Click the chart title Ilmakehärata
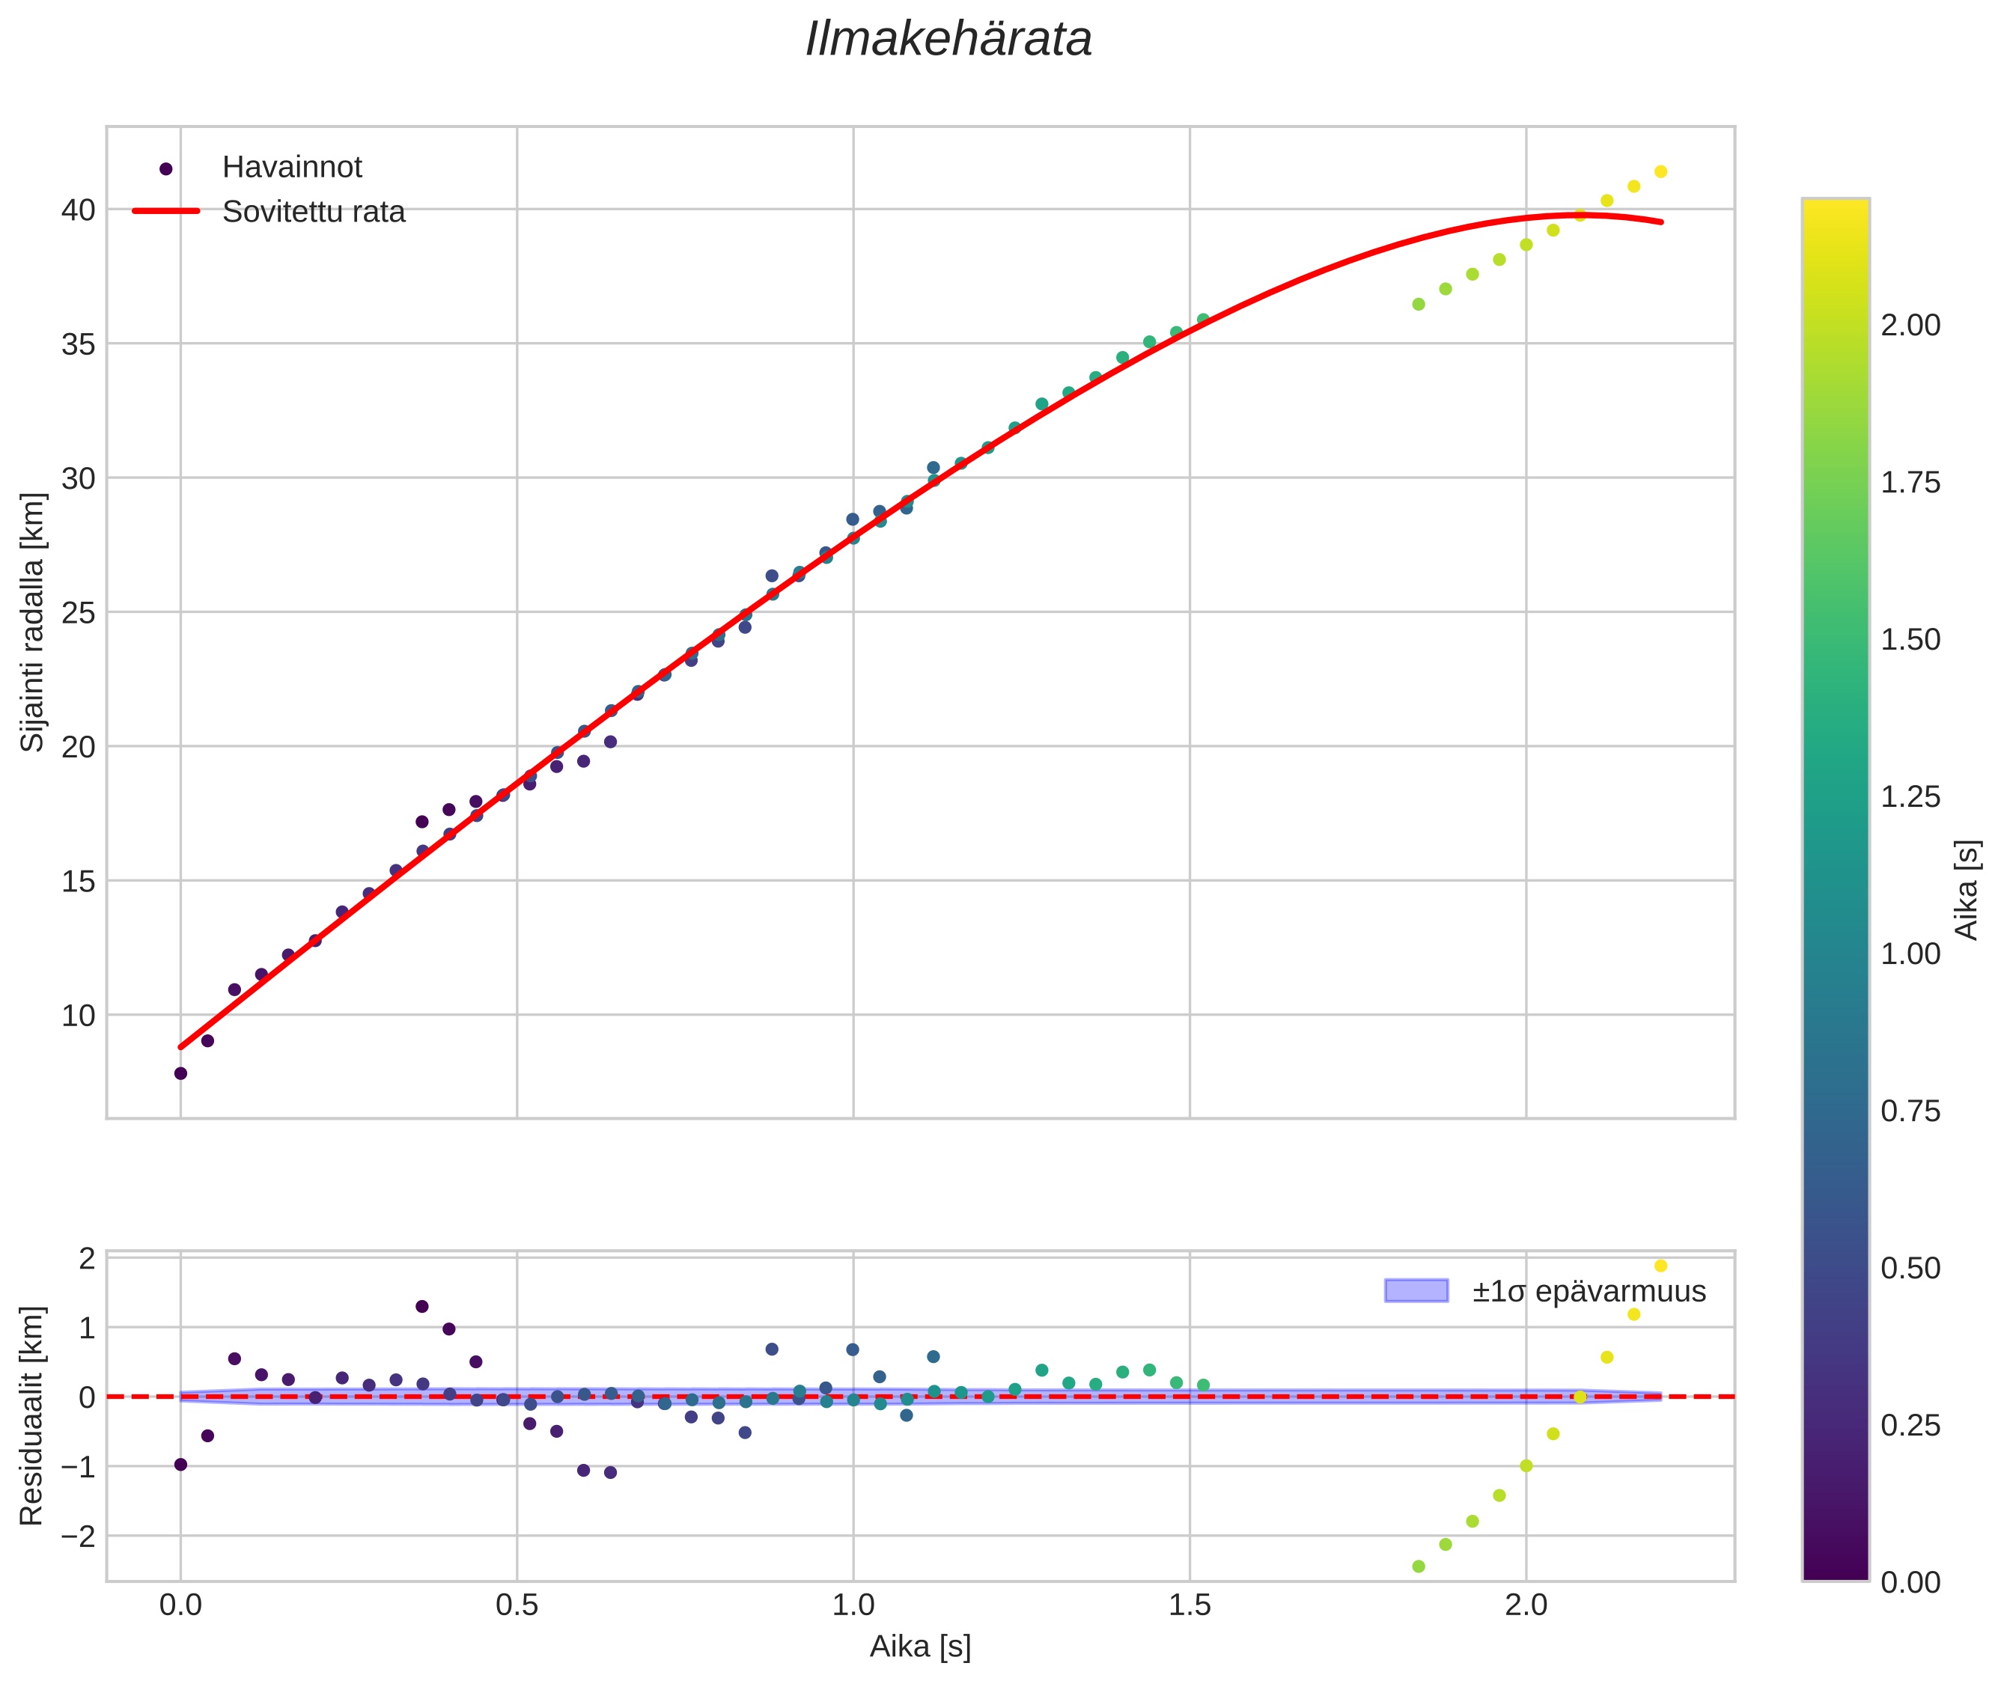coord(948,40)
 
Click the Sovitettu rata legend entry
coord(313,212)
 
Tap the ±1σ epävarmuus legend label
coord(1589,1291)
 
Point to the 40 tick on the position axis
coord(78,210)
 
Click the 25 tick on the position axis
coord(78,613)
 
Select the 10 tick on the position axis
coord(78,1016)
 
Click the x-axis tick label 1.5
coord(1189,1605)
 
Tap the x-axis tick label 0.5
coord(517,1605)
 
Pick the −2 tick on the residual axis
coord(78,1536)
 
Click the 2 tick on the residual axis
coord(87,1259)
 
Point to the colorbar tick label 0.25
coord(1910,1426)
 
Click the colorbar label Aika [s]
coord(1967,889)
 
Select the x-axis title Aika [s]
coord(920,1647)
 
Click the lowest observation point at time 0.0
coord(180,1074)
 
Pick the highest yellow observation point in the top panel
coord(1660,171)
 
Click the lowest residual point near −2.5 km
coord(1419,1566)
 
